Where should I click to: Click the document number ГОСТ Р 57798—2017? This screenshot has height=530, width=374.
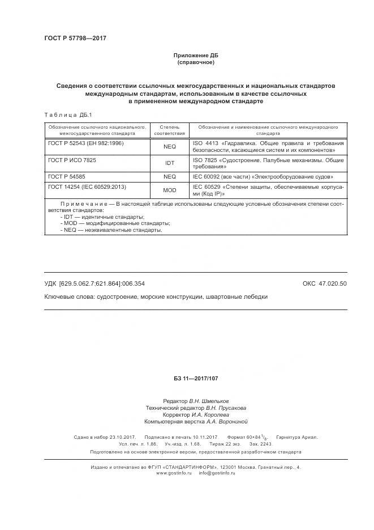75,38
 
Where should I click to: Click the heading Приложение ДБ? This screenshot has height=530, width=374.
195,55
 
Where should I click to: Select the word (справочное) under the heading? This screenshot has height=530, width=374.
195,62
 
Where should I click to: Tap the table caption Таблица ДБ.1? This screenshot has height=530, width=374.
63,115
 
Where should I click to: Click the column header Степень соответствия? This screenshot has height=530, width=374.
169,130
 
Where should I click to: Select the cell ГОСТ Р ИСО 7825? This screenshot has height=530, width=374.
72,160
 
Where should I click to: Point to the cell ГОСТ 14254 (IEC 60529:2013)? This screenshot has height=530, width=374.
87,186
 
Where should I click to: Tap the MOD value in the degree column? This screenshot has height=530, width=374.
169,190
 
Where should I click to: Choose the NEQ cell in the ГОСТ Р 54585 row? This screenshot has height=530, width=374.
169,176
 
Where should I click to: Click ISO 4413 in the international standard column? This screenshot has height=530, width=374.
205,144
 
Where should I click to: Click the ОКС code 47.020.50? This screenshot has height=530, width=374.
325,283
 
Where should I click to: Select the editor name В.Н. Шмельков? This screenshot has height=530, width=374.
209,401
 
